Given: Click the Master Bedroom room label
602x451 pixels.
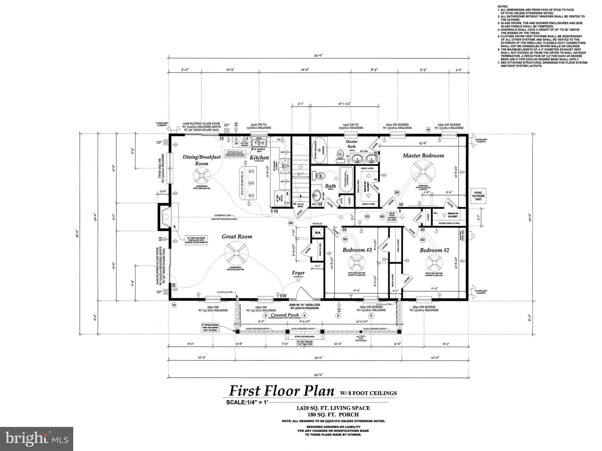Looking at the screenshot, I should pos(423,156).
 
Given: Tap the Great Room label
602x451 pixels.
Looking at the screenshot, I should pos(237,237).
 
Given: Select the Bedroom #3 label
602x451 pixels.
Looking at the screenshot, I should pos(357,250).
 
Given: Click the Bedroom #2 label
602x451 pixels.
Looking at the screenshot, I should pos(434,250).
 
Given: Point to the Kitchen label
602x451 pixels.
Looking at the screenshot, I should pos(259,157).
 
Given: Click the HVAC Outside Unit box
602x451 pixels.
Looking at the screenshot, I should pos(478,196).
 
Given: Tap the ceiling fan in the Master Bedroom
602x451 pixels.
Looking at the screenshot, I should pos(423,172).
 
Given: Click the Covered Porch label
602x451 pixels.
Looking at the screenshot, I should pos(285,315).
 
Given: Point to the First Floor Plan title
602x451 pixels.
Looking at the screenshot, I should pos(281,391).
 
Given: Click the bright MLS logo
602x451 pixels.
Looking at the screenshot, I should pos(37,439).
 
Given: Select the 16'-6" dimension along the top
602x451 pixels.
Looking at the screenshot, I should pos(305,70).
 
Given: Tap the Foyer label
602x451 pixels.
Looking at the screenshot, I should pos(298,273).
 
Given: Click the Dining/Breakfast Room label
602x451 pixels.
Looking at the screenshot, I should pos(202,160).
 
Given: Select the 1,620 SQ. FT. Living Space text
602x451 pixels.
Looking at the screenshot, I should pos(333,408).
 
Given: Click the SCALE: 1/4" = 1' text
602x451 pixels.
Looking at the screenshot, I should pos(247,402).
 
